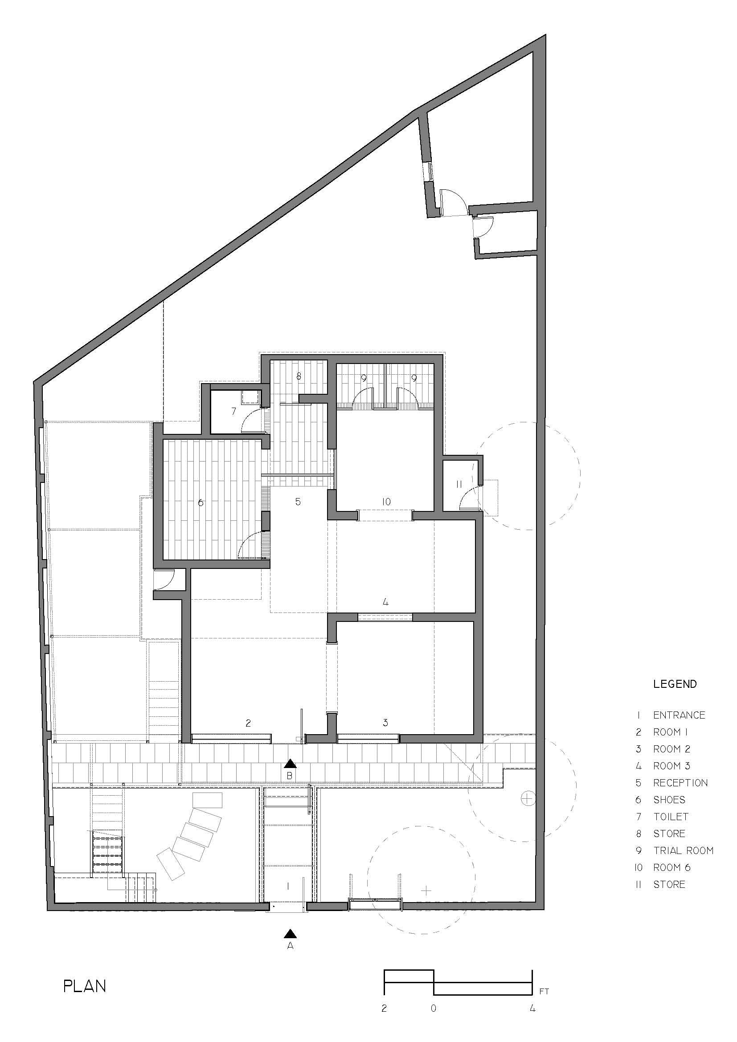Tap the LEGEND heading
coord(675,684)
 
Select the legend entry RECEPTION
coord(680,783)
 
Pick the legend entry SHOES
coord(669,800)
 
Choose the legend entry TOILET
coord(671,817)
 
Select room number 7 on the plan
coord(234,412)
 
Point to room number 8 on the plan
coord(299,376)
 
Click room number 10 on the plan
coord(386,502)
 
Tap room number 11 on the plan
coord(459,484)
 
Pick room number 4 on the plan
coord(385,602)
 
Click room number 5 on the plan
coord(298,502)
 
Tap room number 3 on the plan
coord(385,723)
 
